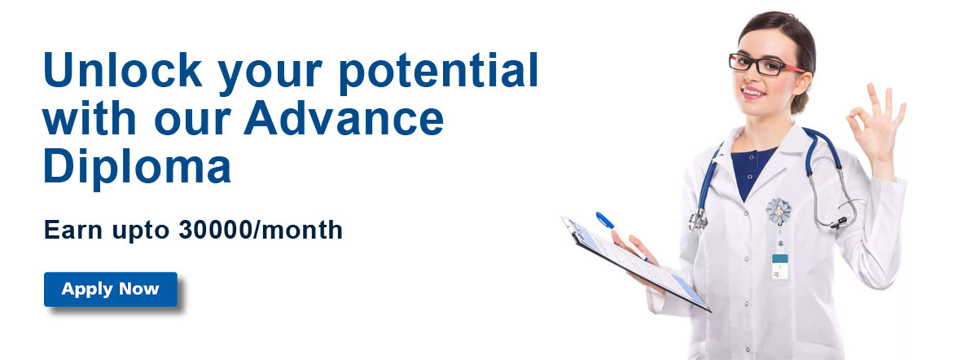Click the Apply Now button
(111, 289)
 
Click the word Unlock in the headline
(123, 69)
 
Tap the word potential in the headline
(438, 72)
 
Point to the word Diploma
(138, 168)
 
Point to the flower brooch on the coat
(779, 212)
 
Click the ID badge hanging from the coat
(779, 266)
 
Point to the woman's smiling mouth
(752, 92)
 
